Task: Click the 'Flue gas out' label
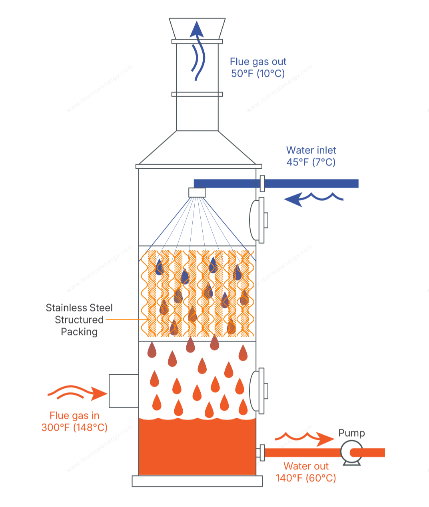coord(258,62)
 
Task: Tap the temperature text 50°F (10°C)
coord(258,74)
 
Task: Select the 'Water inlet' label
coord(311,150)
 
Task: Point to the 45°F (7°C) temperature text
coord(311,162)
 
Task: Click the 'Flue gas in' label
coord(74,416)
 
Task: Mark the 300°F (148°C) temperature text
coord(74,428)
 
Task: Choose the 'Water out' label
coord(306,466)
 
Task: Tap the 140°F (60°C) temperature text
coord(306,478)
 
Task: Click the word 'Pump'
coord(351,433)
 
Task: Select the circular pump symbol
coord(351,452)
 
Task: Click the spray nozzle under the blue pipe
coord(197,193)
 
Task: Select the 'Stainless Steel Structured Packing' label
coord(79,320)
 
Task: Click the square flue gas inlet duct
coord(124,391)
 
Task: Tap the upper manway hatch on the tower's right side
coord(258,220)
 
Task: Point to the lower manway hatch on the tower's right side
coord(258,390)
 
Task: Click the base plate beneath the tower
coord(197,481)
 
